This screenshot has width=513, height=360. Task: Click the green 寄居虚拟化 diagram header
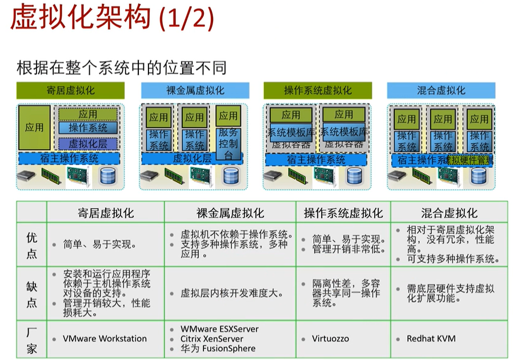[70, 90]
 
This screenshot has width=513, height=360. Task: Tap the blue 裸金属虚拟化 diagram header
[195, 90]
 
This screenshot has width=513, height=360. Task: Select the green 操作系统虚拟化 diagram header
[318, 90]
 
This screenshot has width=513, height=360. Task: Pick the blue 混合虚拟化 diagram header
[441, 90]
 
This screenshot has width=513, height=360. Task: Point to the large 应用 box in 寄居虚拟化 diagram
[34, 127]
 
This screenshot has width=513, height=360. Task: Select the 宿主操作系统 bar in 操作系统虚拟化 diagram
[316, 159]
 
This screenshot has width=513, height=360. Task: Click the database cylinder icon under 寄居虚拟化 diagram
[107, 176]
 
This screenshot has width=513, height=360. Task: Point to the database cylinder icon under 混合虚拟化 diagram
[478, 176]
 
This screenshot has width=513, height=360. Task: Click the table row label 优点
[31, 244]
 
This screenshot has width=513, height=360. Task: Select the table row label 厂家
[31, 339]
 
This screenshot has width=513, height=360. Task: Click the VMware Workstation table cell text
[105, 338]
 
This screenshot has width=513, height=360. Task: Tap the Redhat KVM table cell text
[431, 338]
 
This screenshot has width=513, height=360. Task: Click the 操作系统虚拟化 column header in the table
[343, 213]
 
